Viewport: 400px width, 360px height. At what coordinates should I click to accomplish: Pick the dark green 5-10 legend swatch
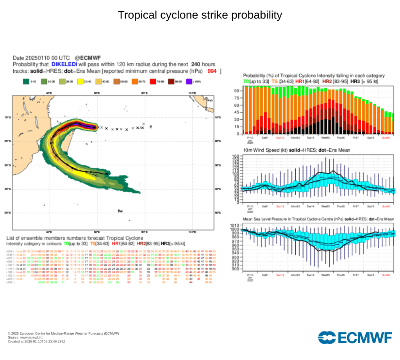[x=26, y=82]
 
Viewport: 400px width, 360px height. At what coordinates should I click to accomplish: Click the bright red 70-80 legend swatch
[x=155, y=82]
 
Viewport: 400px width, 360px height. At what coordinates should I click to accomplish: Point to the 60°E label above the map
[x=96, y=93]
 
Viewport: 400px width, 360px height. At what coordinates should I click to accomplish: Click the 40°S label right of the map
[x=218, y=189]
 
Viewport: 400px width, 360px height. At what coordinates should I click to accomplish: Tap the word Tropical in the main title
[x=135, y=15]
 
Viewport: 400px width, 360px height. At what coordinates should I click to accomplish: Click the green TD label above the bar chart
[x=246, y=81]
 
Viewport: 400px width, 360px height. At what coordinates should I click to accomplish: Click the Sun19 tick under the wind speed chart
[x=386, y=206]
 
